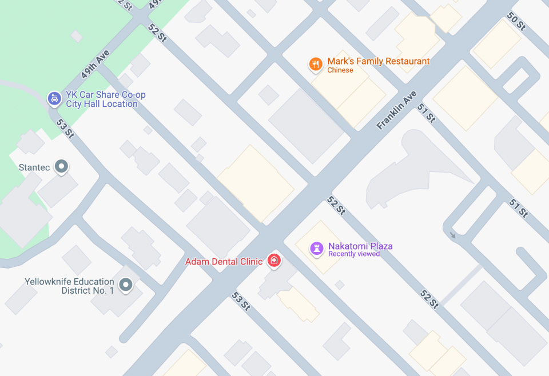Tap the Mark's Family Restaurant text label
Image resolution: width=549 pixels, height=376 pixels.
tap(378, 61)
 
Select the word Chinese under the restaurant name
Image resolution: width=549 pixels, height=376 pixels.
tap(340, 70)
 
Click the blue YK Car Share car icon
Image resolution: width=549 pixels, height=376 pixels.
tap(54, 99)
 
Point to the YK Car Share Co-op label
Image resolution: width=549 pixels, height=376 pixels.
tap(106, 95)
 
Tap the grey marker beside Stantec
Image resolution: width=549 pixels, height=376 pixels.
tap(61, 167)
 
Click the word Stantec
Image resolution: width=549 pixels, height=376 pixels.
tap(35, 167)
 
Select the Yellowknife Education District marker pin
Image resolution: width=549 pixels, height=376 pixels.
tap(126, 284)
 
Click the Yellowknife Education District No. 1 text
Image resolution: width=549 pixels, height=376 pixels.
tap(69, 286)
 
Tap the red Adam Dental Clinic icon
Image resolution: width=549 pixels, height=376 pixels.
tap(274, 261)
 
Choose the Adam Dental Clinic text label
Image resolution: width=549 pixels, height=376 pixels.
tap(224, 262)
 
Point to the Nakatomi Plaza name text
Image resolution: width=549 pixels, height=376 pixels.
tap(360, 246)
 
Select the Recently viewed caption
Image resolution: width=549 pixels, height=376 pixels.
tap(354, 254)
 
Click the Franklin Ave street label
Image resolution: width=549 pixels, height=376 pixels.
tap(396, 110)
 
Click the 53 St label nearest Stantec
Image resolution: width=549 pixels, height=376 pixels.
tap(65, 128)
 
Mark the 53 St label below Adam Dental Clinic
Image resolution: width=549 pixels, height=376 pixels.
tap(241, 301)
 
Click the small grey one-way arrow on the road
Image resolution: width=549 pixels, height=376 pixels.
tap(453, 235)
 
